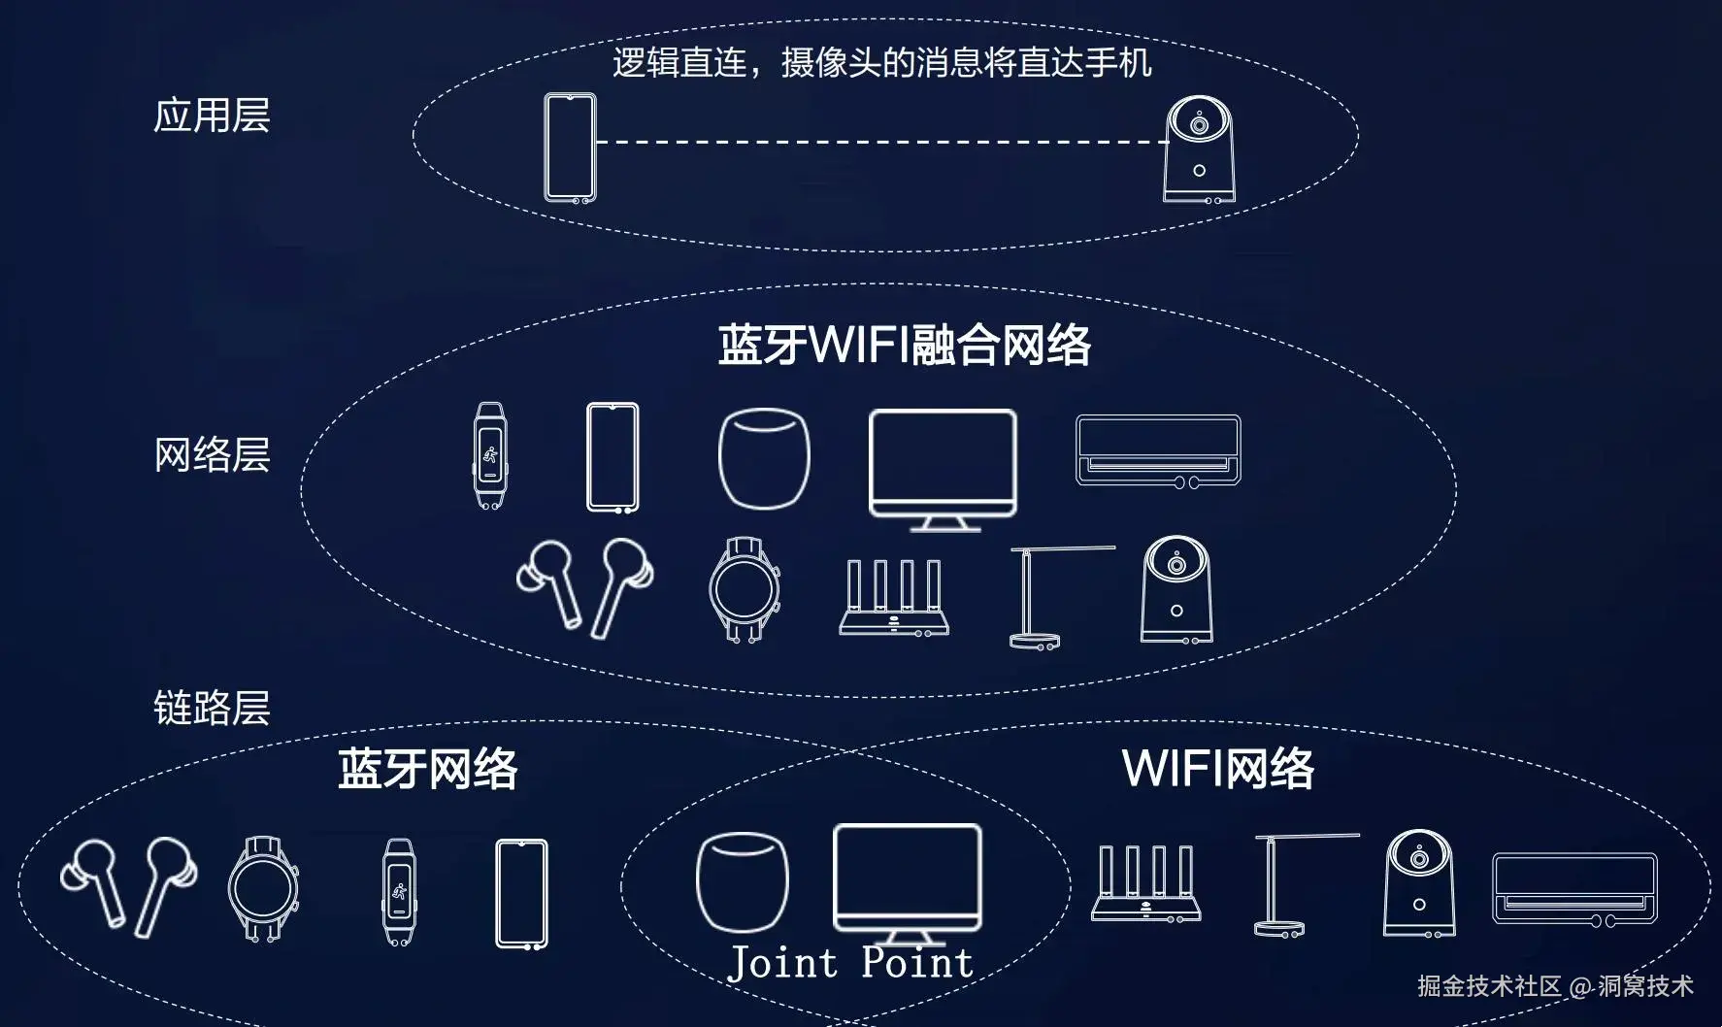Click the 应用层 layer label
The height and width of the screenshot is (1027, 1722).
click(x=212, y=116)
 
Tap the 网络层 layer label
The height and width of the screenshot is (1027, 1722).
click(x=212, y=454)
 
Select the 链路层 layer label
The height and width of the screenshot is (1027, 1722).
click(x=212, y=708)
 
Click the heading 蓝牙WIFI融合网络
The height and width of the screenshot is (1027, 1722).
click(x=904, y=346)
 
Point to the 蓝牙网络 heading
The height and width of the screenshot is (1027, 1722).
click(x=428, y=769)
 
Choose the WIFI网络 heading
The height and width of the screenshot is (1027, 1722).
click(x=1218, y=769)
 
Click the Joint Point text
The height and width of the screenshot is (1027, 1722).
click(x=850, y=963)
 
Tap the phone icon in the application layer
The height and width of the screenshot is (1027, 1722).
click(x=570, y=148)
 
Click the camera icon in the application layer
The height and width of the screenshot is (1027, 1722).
click(x=1200, y=149)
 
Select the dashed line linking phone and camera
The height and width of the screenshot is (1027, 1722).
click(x=880, y=142)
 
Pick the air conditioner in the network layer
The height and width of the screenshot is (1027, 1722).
click(x=1158, y=450)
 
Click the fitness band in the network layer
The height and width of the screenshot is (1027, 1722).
click(x=488, y=456)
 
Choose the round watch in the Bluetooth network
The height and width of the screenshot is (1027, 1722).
click(x=264, y=887)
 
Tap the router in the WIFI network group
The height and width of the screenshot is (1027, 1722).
click(x=1146, y=882)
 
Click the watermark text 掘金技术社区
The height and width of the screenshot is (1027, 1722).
click(x=1489, y=986)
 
